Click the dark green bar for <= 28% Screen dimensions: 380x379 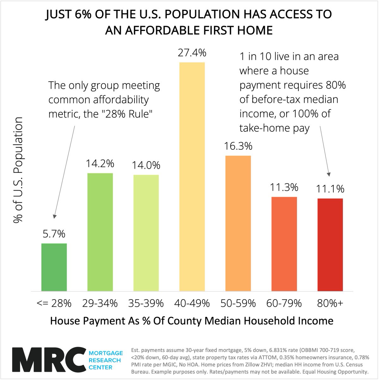pyautogui.click(x=54, y=267)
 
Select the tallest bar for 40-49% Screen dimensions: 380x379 pyautogui.click(x=192, y=176)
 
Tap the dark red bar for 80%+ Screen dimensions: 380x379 pyautogui.click(x=330, y=244)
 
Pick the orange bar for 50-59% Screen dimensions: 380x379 pyautogui.click(x=238, y=223)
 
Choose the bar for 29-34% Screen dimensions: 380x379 pyautogui.click(x=100, y=232)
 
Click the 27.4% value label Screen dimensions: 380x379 pyautogui.click(x=192, y=53)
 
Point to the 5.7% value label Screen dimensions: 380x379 pyautogui.click(x=54, y=234)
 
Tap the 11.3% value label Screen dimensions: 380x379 pyautogui.click(x=284, y=187)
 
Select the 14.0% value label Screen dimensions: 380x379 pyautogui.click(x=146, y=165)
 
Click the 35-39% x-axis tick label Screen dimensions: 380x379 pyautogui.click(x=146, y=303)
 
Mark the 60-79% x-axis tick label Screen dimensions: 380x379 pyautogui.click(x=284, y=303)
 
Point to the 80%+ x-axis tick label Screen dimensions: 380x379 pyautogui.click(x=330, y=303)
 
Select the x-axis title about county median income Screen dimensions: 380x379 pyautogui.click(x=192, y=321)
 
